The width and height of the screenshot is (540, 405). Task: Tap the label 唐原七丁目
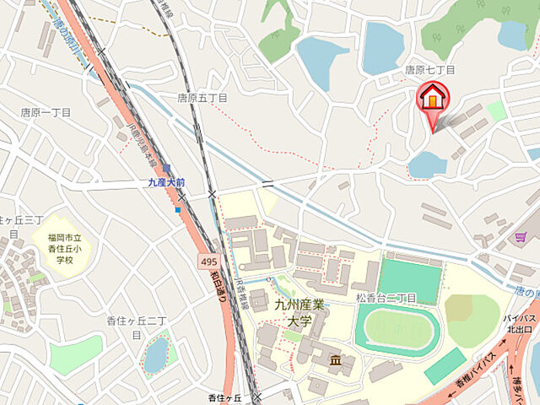(x=429, y=70)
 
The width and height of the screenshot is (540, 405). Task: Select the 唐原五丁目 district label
(x=202, y=98)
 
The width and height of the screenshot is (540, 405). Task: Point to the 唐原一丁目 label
(x=46, y=112)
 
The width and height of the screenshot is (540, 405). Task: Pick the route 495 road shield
(x=210, y=262)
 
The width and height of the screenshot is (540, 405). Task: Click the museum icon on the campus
(x=335, y=361)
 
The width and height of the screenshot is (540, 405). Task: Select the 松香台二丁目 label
(x=386, y=298)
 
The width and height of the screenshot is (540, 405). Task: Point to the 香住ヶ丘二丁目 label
(x=135, y=327)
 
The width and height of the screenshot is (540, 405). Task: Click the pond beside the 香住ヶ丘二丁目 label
(x=156, y=354)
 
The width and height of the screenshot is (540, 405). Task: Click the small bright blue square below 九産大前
(x=178, y=209)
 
